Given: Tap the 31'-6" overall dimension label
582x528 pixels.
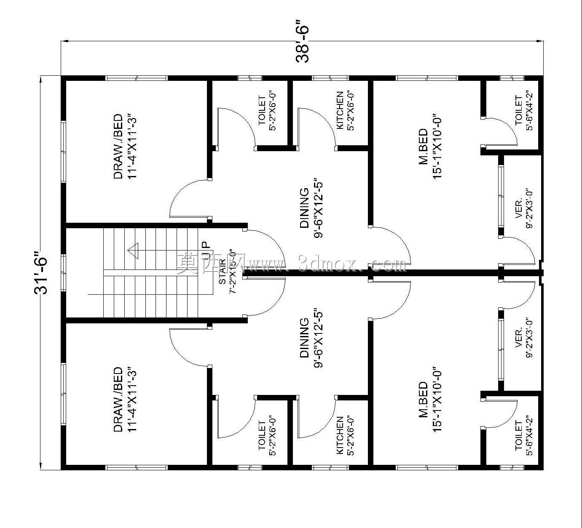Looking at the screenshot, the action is [41, 272].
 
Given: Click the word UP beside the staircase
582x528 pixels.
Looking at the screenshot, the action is [206, 249].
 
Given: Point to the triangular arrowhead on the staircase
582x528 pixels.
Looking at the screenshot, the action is [133, 251].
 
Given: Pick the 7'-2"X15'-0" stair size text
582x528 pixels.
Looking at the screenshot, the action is [233, 272].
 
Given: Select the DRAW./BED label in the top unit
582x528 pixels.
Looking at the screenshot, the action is [118, 147].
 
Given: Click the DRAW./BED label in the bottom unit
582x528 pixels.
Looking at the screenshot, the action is [118, 400].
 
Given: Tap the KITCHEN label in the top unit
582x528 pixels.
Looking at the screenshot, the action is [340, 110].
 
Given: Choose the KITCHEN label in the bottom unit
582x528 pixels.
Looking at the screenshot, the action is [340, 435].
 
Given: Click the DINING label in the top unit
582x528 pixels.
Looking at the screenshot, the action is [304, 208].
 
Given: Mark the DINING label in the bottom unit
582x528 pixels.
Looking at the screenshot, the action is [304, 338].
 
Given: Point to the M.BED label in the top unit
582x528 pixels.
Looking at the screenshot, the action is [423, 147].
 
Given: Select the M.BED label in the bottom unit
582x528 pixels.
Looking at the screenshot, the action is [423, 400].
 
